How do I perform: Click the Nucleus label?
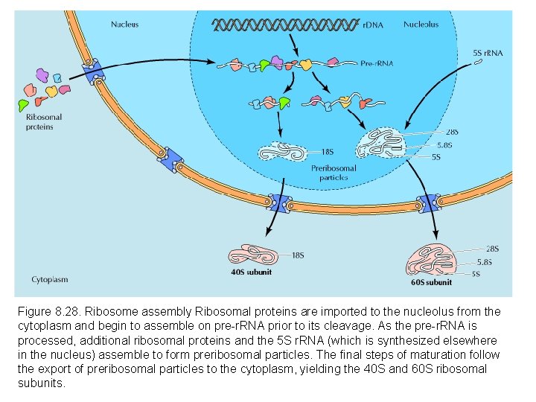[124, 24]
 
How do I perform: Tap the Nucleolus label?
[421, 24]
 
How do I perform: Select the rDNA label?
[373, 25]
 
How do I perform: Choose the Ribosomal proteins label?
[44, 121]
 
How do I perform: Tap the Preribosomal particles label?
[334, 173]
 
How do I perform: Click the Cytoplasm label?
[50, 280]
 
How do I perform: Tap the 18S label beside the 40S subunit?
[298, 255]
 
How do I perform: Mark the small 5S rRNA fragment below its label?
[478, 63]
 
